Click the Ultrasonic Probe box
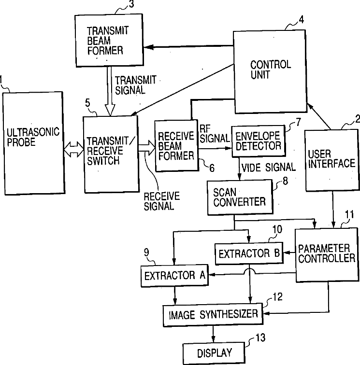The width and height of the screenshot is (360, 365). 32,140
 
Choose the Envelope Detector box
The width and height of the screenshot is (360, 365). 258,141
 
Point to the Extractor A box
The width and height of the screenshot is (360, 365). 174,275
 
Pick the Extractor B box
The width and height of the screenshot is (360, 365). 248,253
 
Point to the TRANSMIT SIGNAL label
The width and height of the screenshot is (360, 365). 135,85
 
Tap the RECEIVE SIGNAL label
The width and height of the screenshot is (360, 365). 161,201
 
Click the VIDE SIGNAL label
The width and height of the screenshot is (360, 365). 268,168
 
